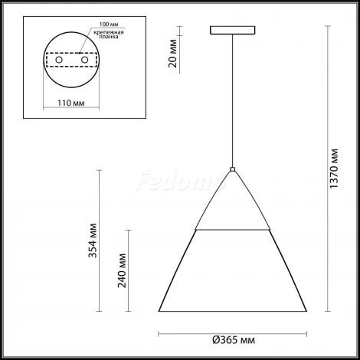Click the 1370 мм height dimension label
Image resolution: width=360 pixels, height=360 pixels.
(x=334, y=169)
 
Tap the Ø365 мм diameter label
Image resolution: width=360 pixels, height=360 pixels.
(x=234, y=340)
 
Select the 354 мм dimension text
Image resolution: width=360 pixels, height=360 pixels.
(x=93, y=241)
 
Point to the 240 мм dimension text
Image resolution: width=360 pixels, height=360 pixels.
(x=122, y=270)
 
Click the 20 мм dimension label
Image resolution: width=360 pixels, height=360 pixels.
(x=172, y=54)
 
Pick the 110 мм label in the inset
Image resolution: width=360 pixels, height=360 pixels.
(x=71, y=103)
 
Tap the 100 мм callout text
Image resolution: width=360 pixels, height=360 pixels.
(x=109, y=25)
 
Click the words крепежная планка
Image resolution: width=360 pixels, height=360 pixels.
(x=109, y=34)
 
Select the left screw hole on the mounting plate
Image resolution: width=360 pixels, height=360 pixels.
(x=59, y=60)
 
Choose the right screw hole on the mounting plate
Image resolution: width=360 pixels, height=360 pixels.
(x=84, y=60)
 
